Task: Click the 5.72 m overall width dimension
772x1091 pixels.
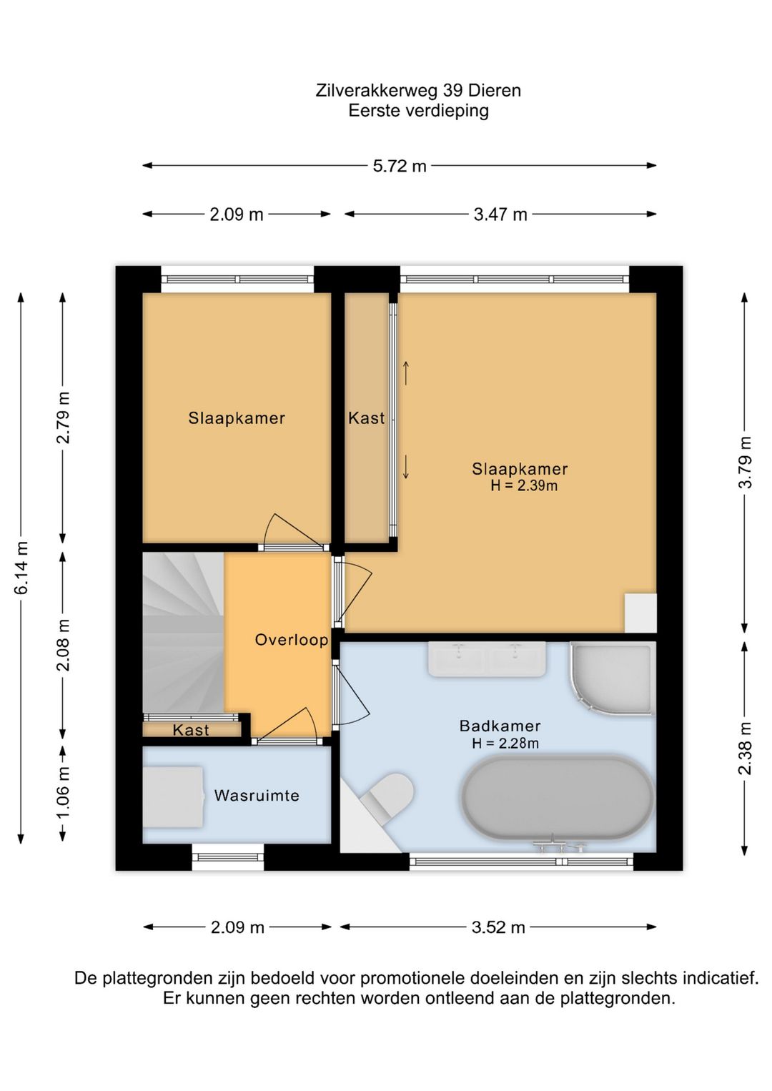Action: point(400,166)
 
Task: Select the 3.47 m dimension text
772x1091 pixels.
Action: point(500,214)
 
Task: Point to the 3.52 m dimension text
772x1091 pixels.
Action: point(498,927)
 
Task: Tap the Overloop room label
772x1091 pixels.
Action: point(292,639)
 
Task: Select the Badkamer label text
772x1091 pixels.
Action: point(500,726)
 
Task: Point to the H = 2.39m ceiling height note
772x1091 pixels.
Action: point(524,485)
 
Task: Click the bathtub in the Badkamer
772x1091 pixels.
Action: point(558,799)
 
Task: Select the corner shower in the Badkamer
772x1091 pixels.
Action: point(611,679)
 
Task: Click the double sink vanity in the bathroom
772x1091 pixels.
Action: point(487,659)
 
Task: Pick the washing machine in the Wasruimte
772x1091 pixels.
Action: point(174,797)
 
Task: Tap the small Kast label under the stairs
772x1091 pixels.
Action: point(191,730)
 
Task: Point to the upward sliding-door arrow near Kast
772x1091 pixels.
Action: point(406,373)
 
